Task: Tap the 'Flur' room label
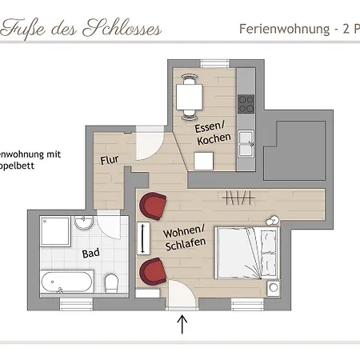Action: (x=110, y=160)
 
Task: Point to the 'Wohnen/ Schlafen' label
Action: (x=185, y=237)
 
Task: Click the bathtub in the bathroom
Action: (x=67, y=282)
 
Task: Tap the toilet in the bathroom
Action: (x=112, y=282)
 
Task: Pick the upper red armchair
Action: (x=152, y=206)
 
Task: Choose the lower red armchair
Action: (x=150, y=271)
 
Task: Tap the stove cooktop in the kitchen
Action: (x=246, y=103)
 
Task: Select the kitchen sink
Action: (x=246, y=146)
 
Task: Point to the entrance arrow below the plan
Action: (x=182, y=324)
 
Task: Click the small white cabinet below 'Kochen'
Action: (x=204, y=161)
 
